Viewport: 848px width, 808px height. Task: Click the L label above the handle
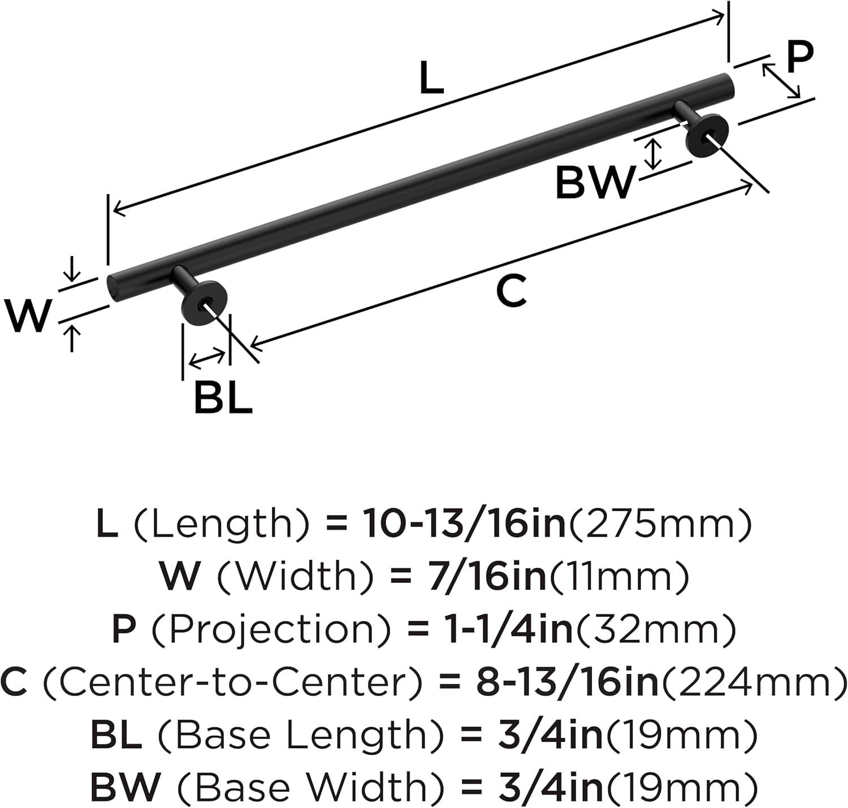click(x=431, y=79)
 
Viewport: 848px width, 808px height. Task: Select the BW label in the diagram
click(x=595, y=183)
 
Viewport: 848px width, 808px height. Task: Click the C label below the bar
click(x=511, y=291)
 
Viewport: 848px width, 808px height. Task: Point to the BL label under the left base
click(x=222, y=397)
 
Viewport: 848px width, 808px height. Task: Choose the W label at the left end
click(x=28, y=316)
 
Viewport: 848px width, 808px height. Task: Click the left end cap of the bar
click(x=114, y=288)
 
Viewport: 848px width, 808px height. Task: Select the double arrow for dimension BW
click(x=654, y=154)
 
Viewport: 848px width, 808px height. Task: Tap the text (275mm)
click(x=660, y=524)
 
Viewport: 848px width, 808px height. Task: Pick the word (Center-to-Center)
click(x=232, y=682)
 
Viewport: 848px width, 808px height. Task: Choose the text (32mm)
click(x=656, y=629)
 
